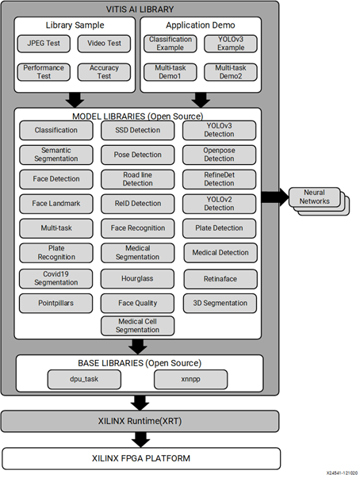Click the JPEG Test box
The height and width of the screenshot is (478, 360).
pyautogui.click(x=44, y=42)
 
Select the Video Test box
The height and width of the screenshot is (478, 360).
pyautogui.click(x=104, y=42)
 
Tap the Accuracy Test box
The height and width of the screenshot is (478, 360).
pyautogui.click(x=104, y=72)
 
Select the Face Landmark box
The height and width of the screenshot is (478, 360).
pyautogui.click(x=56, y=204)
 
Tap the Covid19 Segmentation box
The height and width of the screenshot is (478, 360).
pyautogui.click(x=56, y=278)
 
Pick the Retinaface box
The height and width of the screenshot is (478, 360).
pyautogui.click(x=220, y=278)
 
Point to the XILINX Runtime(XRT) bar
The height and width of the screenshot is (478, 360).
pyautogui.click(x=140, y=420)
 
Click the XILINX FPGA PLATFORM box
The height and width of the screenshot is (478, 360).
pyautogui.click(x=140, y=457)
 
